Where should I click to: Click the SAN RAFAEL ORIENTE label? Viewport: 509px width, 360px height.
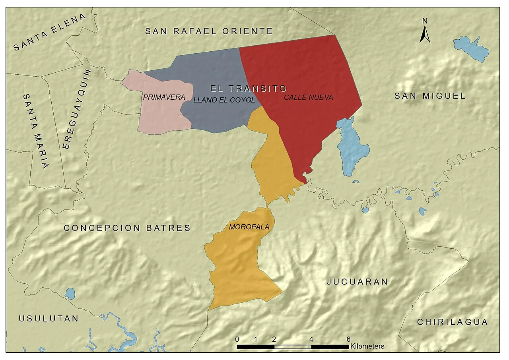pos(209,31)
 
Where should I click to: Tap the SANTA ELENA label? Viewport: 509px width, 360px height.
pos(50,33)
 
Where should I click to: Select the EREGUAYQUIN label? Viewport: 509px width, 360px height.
pos(76,109)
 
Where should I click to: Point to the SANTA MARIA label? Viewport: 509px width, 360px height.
pos(36,131)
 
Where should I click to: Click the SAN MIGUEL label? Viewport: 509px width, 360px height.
pos(430,96)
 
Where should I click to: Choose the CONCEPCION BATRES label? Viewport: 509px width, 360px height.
pos(127,228)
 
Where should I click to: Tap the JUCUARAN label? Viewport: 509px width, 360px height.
pos(357,282)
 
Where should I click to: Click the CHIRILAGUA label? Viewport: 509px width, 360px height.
pos(452,322)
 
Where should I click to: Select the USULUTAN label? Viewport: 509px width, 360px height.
pos(49,319)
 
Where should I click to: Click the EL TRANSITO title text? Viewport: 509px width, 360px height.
pos(249,88)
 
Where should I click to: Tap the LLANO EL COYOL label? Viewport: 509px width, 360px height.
pos(223,100)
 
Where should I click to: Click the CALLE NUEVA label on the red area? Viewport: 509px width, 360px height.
pos(308,97)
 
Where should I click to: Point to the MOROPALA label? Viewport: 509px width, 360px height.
pos(249,227)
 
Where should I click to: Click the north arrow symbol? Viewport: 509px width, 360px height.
pos(425,34)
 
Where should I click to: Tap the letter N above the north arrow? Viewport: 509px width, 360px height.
pos(425,21)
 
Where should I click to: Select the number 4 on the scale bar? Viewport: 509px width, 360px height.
pos(311,339)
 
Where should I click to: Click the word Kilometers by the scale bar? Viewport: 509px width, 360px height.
pos(367,346)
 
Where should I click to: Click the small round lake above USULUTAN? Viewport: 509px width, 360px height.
pos(70,294)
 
